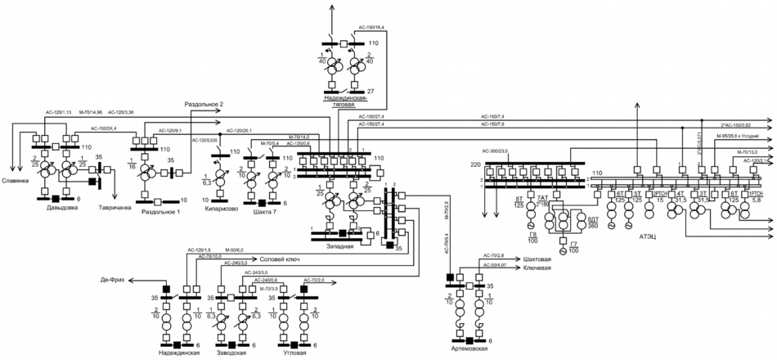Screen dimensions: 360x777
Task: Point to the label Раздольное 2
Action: [204, 105]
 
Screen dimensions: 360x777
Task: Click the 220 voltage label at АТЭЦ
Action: [477, 164]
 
